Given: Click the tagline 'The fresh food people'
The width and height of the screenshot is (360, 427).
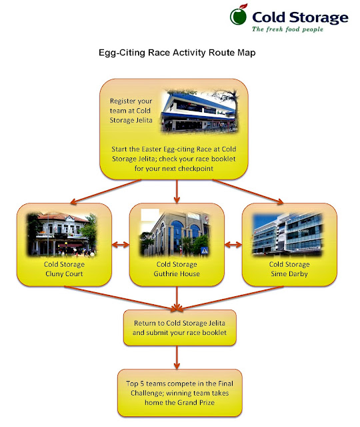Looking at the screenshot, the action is [x=287, y=29].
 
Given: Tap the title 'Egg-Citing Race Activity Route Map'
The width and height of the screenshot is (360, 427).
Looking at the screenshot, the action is [x=177, y=52].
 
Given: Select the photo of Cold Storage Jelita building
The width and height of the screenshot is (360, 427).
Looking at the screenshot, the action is [x=199, y=111].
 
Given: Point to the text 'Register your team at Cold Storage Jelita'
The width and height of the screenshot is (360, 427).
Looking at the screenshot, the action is [x=131, y=111].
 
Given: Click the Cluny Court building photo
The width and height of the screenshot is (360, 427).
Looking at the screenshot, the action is [x=62, y=234].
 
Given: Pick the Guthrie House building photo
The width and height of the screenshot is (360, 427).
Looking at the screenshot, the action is [x=175, y=232].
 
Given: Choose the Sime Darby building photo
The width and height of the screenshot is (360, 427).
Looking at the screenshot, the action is [x=287, y=234].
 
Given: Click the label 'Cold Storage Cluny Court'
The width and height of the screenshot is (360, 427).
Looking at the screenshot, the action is [x=64, y=269].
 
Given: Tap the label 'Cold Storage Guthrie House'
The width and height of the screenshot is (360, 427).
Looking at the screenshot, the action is [x=177, y=269].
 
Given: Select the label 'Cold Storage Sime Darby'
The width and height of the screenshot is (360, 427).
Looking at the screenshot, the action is [x=289, y=269].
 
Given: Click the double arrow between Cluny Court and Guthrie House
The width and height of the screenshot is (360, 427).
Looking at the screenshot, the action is [x=121, y=245].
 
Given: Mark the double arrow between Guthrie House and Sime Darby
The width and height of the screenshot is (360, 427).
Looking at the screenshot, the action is [x=233, y=245].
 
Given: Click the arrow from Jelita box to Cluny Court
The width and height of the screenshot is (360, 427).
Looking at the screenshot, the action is [x=105, y=191].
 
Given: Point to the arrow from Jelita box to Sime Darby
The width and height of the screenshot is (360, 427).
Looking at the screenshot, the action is [x=248, y=191].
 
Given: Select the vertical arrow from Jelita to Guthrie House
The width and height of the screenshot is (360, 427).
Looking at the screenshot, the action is [x=177, y=191].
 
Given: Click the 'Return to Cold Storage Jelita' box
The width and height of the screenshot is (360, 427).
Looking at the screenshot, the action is [x=179, y=328].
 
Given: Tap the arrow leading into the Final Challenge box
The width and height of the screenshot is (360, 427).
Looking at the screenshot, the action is [x=177, y=358].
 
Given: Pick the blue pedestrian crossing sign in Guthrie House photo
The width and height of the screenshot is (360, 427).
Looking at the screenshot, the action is [x=204, y=250].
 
